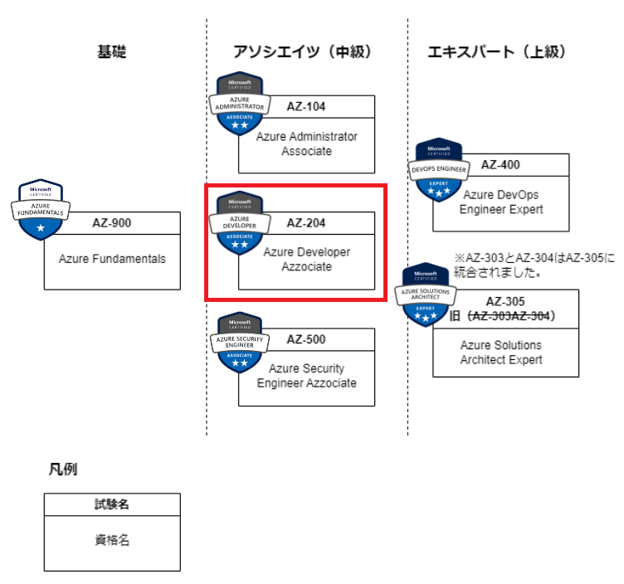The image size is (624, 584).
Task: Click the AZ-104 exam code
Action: (x=306, y=106)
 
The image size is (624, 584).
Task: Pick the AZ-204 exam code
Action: (x=306, y=222)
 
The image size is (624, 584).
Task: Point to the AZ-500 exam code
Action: (x=306, y=339)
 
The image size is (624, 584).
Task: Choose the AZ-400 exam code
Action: (x=500, y=164)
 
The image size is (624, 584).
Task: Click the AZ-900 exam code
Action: (x=112, y=222)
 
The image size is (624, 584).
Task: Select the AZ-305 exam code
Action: (x=505, y=302)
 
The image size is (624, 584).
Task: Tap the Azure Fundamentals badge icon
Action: (x=41, y=208)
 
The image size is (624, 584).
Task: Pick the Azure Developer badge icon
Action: (x=239, y=223)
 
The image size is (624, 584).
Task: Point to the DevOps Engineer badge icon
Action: (x=439, y=169)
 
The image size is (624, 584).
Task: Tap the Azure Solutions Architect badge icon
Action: (x=427, y=295)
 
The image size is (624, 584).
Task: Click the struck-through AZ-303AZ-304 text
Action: (x=510, y=316)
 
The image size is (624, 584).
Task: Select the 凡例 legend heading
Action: (x=62, y=470)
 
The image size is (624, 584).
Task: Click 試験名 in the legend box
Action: (x=112, y=504)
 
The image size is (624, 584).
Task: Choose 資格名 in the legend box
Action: (x=112, y=541)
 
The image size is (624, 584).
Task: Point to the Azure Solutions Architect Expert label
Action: (x=501, y=353)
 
